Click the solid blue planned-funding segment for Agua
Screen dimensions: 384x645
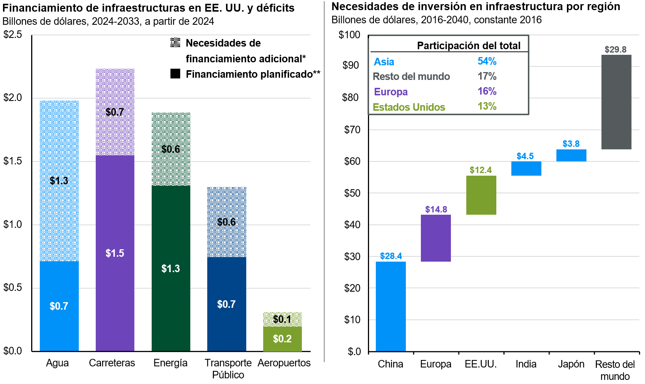click(59, 306)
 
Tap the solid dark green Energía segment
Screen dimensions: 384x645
click(171, 268)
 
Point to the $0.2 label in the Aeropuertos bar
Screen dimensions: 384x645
click(282, 339)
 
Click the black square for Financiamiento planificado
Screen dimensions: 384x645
click(175, 74)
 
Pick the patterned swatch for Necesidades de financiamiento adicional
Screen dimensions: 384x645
click(175, 43)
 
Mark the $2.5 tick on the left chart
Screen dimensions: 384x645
click(13, 35)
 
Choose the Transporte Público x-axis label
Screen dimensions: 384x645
click(228, 369)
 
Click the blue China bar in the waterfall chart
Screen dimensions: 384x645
click(390, 306)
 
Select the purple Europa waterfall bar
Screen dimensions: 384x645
click(436, 238)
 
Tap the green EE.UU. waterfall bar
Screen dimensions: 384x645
click(481, 195)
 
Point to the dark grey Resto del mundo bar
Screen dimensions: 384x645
click(616, 102)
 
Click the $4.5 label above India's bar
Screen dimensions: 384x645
click(525, 156)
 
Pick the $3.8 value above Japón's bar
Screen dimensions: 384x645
click(571, 144)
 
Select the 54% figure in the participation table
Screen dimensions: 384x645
click(487, 61)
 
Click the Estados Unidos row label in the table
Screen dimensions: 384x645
click(409, 107)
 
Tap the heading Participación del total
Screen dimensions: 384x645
click(469, 46)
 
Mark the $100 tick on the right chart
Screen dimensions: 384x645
click(349, 35)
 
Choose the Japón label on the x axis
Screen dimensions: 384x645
click(571, 364)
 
